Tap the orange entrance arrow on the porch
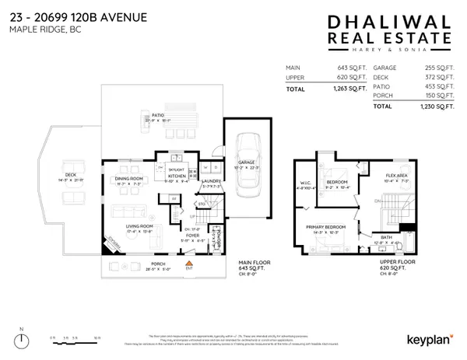point(188,265)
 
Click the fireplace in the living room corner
point(106,246)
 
